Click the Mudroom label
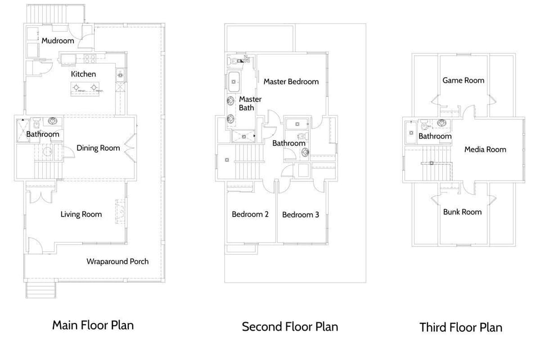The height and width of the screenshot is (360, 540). click(58, 40)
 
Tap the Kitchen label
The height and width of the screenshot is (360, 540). click(83, 74)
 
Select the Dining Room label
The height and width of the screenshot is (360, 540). click(98, 148)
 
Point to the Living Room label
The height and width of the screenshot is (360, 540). click(82, 214)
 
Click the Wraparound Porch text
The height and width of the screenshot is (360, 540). click(118, 261)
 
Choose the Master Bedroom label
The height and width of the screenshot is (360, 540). click(291, 82)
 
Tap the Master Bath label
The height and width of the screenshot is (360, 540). click(250, 103)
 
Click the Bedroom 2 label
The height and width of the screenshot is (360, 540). click(250, 214)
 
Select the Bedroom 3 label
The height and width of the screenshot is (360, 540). click(301, 215)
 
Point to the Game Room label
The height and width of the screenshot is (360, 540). click(463, 80)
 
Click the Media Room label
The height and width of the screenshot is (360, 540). click(485, 150)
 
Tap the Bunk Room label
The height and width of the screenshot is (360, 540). click(462, 212)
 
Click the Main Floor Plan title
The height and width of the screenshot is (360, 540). click(93, 325)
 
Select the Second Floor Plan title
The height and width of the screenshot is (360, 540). click(290, 326)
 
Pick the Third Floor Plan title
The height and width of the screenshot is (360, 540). click(461, 327)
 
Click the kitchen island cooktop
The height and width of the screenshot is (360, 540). click(87, 88)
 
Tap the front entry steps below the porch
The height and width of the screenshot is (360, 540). click(41, 290)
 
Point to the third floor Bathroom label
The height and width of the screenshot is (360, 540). click(435, 136)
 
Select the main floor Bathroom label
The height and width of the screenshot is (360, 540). click(42, 134)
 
